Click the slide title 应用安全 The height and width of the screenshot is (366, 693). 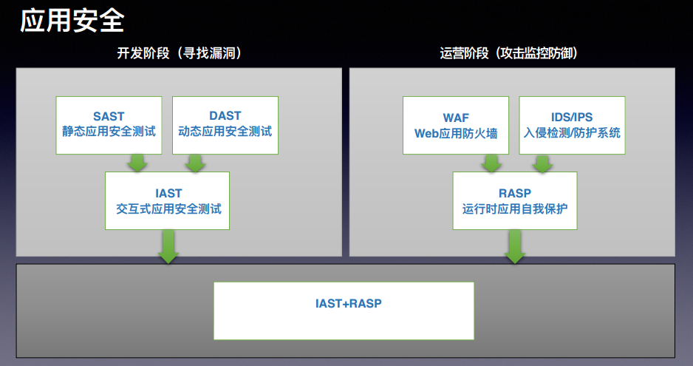(72, 21)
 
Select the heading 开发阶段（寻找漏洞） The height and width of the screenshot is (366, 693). (179, 53)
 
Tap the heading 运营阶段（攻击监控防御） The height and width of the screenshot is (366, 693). (508, 53)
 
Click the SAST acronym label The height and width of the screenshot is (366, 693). (109, 116)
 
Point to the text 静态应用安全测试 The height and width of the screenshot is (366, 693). (109, 132)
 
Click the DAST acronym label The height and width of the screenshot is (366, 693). (225, 116)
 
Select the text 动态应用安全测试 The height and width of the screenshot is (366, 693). (225, 132)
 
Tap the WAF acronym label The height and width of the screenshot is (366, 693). (456, 118)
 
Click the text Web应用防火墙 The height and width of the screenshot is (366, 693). (456, 133)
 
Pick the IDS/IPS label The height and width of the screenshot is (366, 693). (571, 117)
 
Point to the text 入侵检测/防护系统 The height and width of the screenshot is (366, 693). (572, 133)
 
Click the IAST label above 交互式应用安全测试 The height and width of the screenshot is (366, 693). (168, 194)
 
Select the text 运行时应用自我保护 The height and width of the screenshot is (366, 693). (515, 209)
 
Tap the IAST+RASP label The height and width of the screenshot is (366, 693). (348, 304)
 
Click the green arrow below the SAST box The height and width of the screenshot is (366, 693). (137, 163)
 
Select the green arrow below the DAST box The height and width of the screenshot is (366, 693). (195, 163)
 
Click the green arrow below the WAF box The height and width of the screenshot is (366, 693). (491, 163)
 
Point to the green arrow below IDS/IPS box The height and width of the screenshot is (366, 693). (542, 163)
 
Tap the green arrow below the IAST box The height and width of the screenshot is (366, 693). (168, 246)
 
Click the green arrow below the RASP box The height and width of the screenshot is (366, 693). (515, 246)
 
